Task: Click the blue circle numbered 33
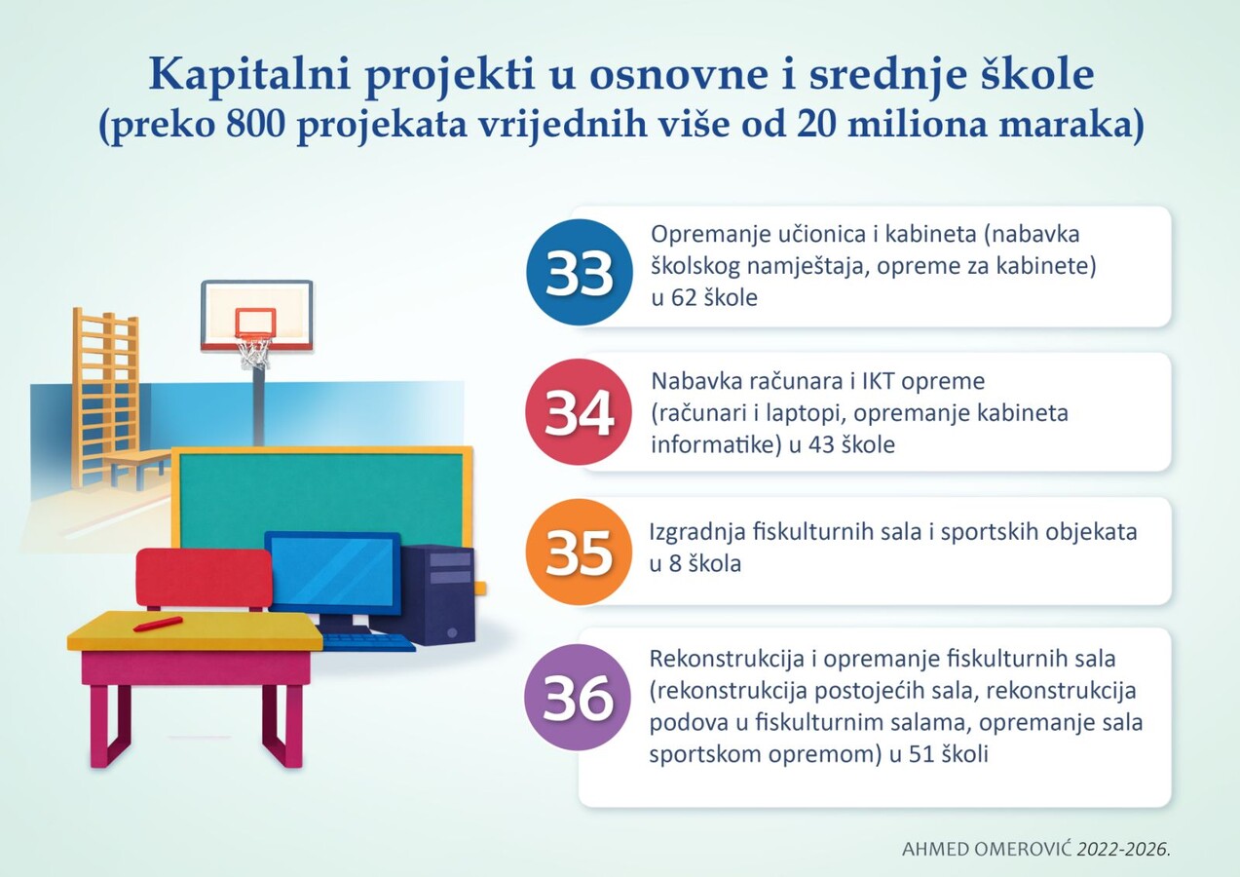point(579,272)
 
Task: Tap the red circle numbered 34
point(579,412)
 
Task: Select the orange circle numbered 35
point(579,552)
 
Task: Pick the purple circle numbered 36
point(578,697)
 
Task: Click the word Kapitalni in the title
point(250,75)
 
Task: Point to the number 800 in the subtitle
point(255,125)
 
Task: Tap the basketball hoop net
point(255,352)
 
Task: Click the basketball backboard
point(257,316)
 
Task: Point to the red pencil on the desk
point(158,624)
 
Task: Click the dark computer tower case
point(438,595)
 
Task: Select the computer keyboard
point(368,642)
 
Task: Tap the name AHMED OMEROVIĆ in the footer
point(987,850)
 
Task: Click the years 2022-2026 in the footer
point(1123,850)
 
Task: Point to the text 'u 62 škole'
point(704,298)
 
